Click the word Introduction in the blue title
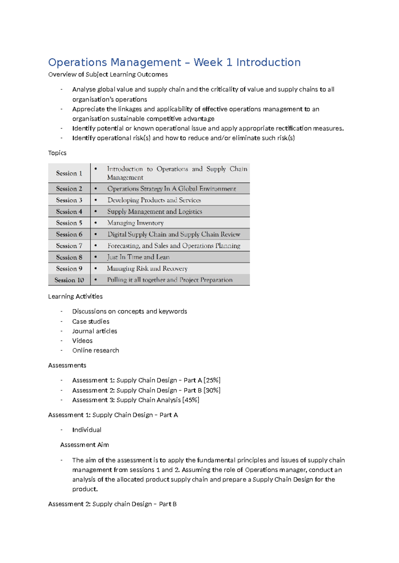[268, 62]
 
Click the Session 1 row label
[69, 173]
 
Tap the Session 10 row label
[69, 280]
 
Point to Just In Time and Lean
[138, 257]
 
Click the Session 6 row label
[69, 234]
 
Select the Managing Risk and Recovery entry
[147, 269]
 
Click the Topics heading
[57, 153]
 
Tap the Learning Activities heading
[75, 296]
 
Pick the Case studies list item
[91, 321]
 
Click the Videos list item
[82, 341]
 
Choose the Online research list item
[96, 350]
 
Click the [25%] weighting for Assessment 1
[212, 380]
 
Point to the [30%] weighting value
[212, 390]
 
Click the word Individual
[87, 430]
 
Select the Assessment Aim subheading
[84, 445]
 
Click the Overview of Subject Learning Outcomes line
[108, 74]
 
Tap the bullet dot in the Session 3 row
[96, 200]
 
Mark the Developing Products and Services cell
[154, 200]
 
